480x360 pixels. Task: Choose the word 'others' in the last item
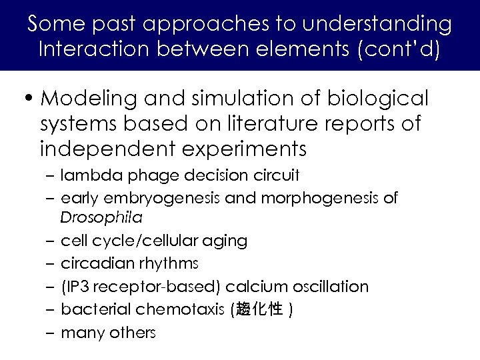tap(132, 333)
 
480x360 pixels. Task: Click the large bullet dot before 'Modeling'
tap(29, 99)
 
